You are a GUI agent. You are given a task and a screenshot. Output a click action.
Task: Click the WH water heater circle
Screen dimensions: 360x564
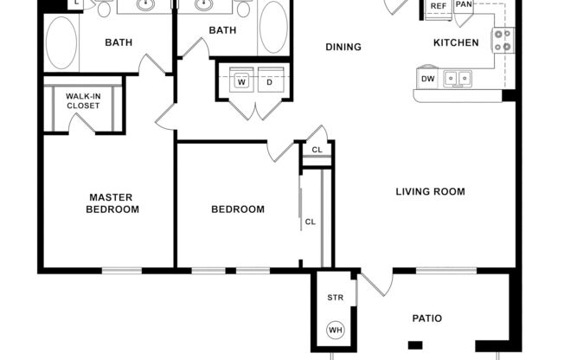[x=334, y=330]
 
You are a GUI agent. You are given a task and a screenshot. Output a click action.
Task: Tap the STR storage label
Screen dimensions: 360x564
[x=335, y=299]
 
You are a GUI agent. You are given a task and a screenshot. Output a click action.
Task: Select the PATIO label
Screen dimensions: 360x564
[x=426, y=318]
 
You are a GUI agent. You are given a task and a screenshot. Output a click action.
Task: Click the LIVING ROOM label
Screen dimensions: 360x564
[x=430, y=191]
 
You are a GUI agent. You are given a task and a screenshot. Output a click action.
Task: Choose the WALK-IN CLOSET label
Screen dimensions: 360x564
[x=83, y=100]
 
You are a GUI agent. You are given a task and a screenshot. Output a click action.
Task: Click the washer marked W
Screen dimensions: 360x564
[x=241, y=82]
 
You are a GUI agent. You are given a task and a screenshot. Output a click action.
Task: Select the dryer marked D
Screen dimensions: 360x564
[x=268, y=82]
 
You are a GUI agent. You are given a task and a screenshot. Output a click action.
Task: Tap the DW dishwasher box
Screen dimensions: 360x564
[x=427, y=79]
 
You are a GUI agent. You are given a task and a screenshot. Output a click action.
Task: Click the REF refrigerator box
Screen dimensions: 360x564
[x=439, y=6]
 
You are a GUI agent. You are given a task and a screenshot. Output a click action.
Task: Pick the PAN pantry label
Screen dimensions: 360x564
[x=465, y=5]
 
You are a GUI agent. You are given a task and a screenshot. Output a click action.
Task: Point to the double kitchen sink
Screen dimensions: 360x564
[x=458, y=79]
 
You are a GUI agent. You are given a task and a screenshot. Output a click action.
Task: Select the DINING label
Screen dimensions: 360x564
[x=343, y=47]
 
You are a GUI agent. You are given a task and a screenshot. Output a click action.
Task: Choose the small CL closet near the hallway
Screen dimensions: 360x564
[x=317, y=150]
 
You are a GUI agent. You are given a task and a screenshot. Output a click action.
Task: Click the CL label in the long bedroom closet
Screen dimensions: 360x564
[x=310, y=222]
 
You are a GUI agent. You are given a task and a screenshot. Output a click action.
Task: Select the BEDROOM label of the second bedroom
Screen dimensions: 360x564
[x=238, y=209]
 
